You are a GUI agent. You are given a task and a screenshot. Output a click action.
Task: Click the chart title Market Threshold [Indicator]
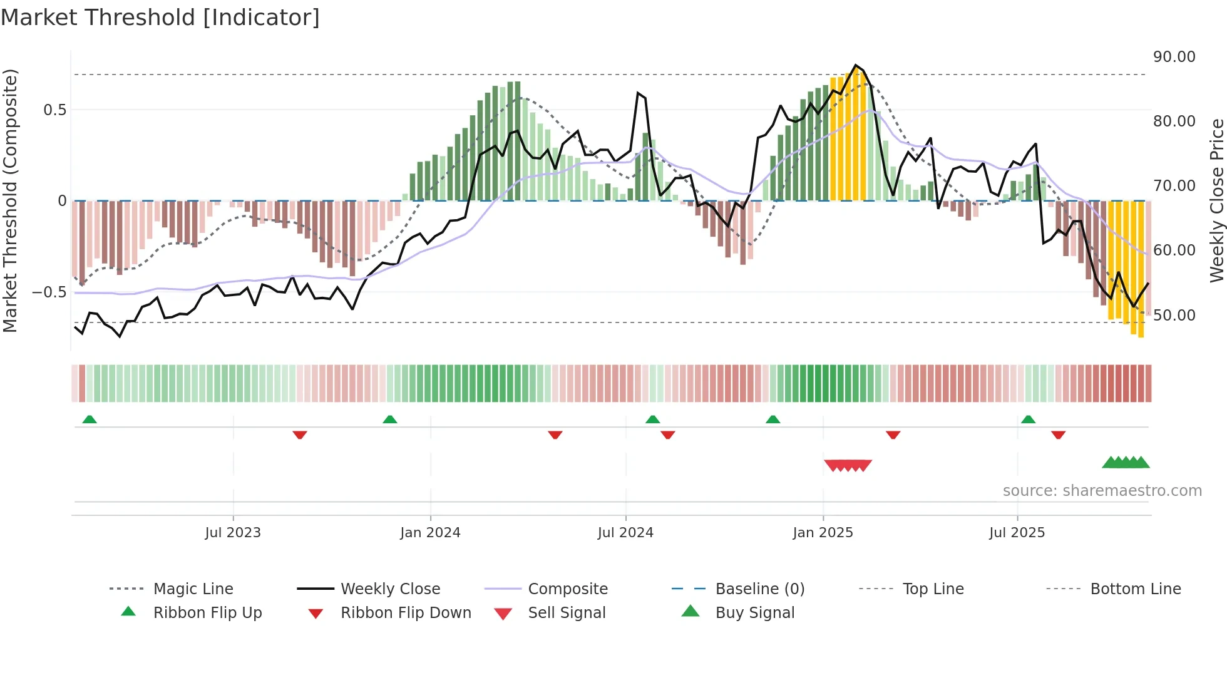pos(160,18)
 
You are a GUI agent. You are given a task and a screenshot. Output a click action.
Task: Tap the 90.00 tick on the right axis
pos(1174,57)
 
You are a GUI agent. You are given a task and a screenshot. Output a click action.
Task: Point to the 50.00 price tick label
pos(1174,316)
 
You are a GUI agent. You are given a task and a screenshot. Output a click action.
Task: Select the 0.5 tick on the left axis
pos(54,110)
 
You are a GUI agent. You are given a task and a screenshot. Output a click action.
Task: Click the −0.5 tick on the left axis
pos(49,292)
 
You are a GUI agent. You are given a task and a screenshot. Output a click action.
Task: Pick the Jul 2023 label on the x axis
pos(233,533)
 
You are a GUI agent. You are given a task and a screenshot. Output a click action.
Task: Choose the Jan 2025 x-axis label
pos(823,533)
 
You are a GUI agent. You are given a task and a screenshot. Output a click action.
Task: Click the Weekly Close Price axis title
pos(1216,200)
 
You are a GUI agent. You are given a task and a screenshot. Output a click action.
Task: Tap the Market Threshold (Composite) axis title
pos(10,200)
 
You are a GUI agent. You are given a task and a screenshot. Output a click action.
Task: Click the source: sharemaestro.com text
pos(1102,491)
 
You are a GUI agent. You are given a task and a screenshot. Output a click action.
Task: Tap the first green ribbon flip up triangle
pos(90,420)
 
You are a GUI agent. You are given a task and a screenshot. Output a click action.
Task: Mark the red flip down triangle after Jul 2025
pos(1058,435)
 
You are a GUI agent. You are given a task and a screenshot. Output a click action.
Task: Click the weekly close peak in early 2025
pos(856,65)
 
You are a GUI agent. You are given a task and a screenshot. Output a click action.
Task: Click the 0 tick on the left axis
pos(62,201)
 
